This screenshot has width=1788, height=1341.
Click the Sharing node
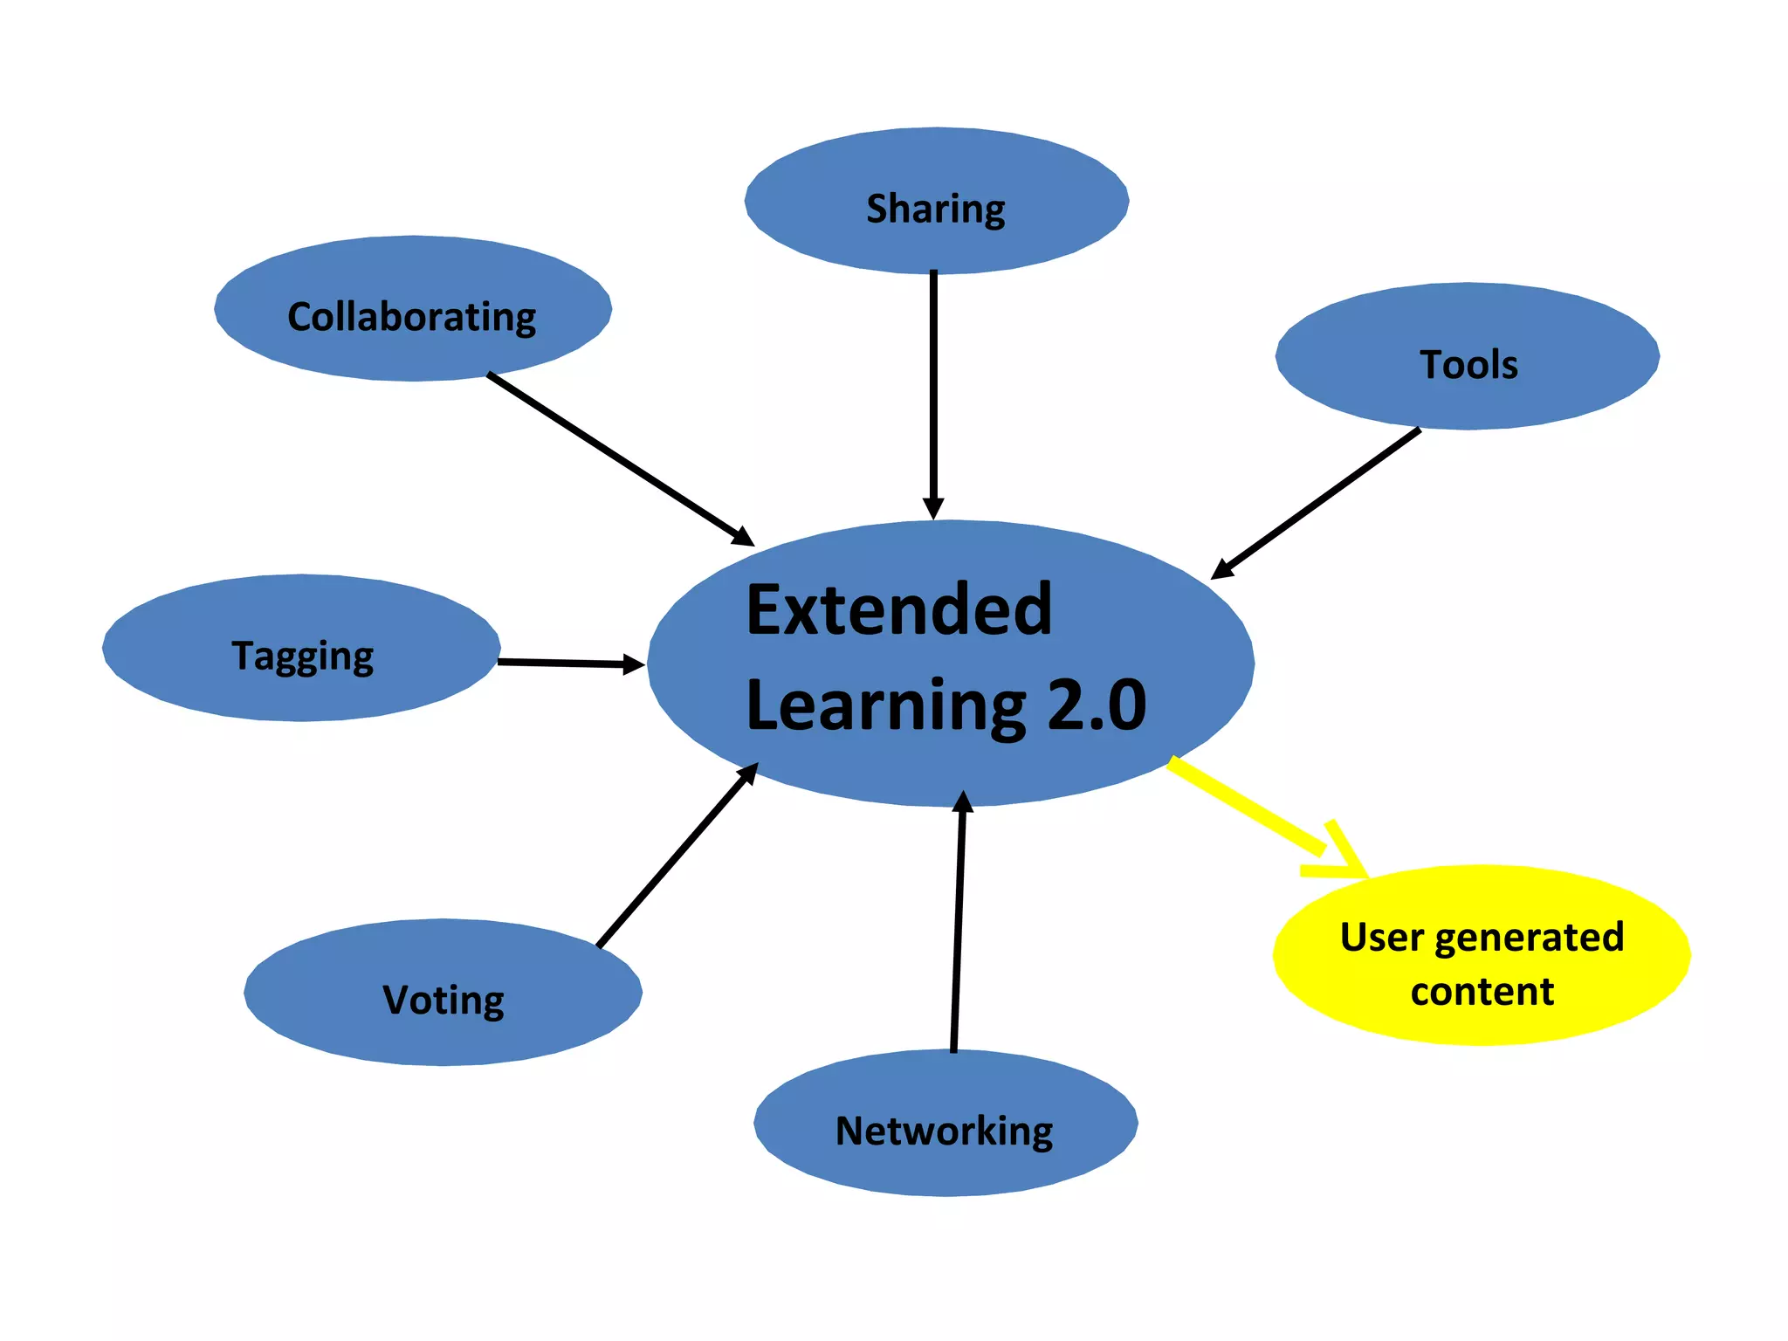pyautogui.click(x=936, y=201)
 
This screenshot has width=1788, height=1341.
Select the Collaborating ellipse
pyautogui.click(x=412, y=308)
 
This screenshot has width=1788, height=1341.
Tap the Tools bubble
pyautogui.click(x=1468, y=356)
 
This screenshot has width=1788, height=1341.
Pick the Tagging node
pyautogui.click(x=301, y=648)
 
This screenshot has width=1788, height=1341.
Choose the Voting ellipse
pyautogui.click(x=443, y=993)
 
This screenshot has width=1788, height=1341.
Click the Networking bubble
pyautogui.click(x=946, y=1124)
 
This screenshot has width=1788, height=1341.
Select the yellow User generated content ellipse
pyautogui.click(x=1482, y=955)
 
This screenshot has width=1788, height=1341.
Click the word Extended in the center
pyautogui.click(x=899, y=609)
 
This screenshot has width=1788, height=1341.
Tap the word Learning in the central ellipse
pyautogui.click(x=886, y=705)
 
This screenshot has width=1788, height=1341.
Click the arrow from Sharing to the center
pyautogui.click(x=933, y=393)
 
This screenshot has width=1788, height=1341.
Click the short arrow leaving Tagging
pyautogui.click(x=567, y=664)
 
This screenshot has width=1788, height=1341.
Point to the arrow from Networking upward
pyautogui.click(x=958, y=925)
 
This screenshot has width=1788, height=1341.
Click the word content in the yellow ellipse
pyautogui.click(x=1482, y=992)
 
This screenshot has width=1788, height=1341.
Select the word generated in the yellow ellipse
pyautogui.click(x=1529, y=938)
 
